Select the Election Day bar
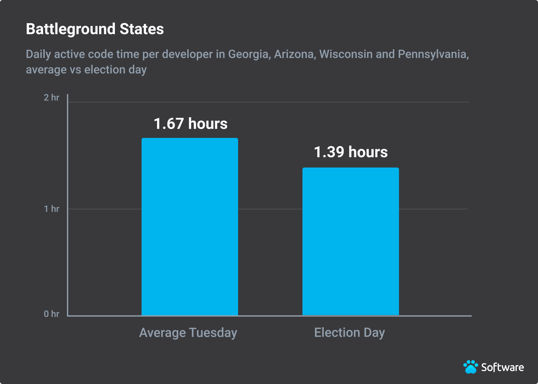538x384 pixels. click(350, 241)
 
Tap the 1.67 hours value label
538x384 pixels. click(190, 124)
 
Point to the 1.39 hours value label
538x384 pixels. click(351, 152)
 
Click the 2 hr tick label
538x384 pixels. click(51, 98)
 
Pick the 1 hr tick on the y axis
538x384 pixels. click(51, 209)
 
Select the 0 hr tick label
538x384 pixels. click(51, 314)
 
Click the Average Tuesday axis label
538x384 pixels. click(188, 333)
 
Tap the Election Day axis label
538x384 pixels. click(349, 333)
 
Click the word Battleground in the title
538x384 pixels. click(70, 29)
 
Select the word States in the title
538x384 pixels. click(142, 29)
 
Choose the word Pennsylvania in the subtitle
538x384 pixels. click(433, 54)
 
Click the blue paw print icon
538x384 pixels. click(471, 367)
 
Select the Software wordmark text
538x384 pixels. click(502, 367)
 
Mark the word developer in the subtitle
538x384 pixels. click(187, 54)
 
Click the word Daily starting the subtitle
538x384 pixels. click(38, 54)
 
